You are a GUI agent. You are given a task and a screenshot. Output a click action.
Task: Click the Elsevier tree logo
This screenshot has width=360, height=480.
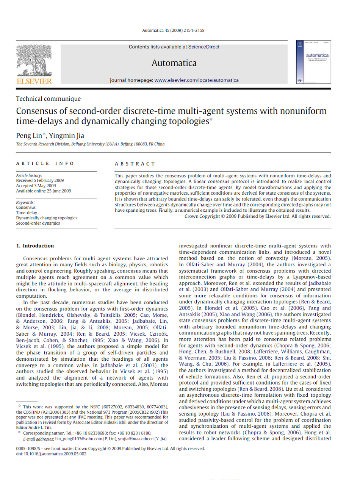(33, 63)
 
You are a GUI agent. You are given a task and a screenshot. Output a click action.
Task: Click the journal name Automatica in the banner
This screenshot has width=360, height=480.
(174, 63)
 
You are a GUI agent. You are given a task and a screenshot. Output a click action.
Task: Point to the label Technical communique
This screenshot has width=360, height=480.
(48, 99)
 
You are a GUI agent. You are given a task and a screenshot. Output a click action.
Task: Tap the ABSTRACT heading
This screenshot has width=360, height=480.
(135, 164)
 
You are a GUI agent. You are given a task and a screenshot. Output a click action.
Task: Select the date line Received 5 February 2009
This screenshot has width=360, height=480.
(40, 181)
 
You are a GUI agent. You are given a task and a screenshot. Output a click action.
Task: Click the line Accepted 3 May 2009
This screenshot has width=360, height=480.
(36, 186)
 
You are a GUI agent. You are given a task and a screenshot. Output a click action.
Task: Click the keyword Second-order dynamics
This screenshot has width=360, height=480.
(38, 223)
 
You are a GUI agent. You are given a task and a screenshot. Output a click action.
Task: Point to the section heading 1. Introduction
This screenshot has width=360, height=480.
(35, 246)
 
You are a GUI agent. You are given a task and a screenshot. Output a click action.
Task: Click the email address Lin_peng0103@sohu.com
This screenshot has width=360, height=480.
(79, 439)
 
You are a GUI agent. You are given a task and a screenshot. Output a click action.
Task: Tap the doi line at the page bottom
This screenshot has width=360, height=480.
(51, 453)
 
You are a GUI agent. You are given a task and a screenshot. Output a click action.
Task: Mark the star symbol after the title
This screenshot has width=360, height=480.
(211, 120)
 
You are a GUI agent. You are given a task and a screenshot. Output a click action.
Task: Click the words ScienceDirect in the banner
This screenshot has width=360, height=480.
(204, 47)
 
